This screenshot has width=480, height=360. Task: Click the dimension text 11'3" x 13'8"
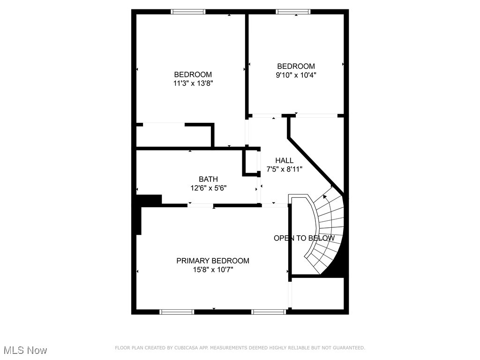[x=193, y=83]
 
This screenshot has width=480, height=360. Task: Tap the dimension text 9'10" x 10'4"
[x=296, y=75]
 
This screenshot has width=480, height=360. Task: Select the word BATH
[x=208, y=179]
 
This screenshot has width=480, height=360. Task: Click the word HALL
[x=285, y=161]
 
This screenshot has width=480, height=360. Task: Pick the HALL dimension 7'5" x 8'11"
[x=285, y=169]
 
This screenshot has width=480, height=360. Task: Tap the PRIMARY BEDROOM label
[x=213, y=261]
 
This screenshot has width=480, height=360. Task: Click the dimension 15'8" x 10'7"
[x=213, y=270]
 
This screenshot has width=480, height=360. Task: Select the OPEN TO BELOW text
[x=304, y=238]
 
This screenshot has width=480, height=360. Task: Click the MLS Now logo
[x=25, y=350]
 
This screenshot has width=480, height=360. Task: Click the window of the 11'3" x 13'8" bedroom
[x=188, y=12]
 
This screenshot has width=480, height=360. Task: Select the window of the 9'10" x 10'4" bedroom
[x=293, y=12]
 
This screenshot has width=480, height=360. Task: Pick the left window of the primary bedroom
[x=177, y=312]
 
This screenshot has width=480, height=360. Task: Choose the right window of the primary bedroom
[x=269, y=312]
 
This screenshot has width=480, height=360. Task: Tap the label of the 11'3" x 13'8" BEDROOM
[x=193, y=75]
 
